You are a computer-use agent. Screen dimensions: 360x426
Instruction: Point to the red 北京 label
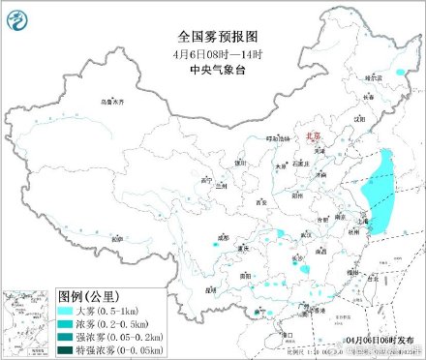[x=312, y=138]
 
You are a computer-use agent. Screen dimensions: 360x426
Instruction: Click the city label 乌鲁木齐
[x=113, y=101]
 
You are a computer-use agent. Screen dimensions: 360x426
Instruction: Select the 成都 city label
[x=223, y=235]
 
